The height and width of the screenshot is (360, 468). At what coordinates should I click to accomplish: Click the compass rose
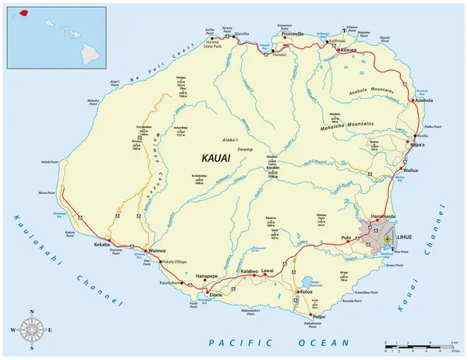click(x=32, y=329)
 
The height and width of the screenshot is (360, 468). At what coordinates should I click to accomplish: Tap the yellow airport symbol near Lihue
click(x=386, y=242)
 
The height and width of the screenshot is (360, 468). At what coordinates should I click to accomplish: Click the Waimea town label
click(x=159, y=252)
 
